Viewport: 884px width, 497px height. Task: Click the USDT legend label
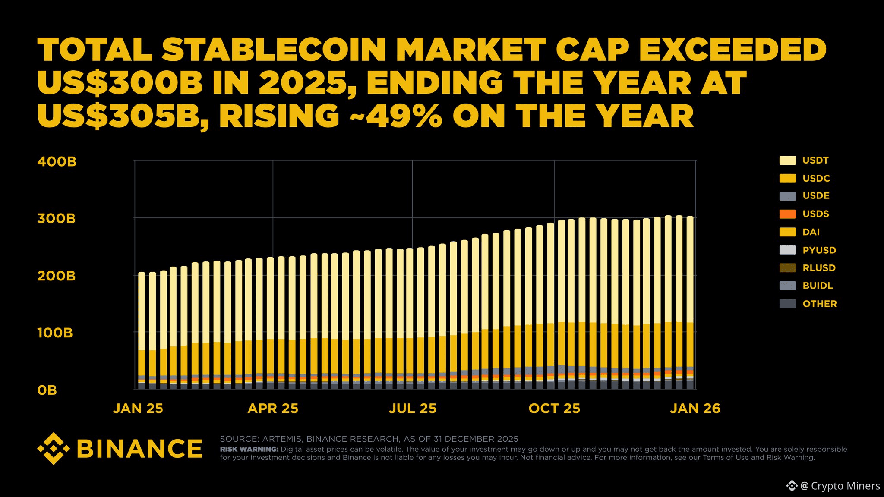pyautogui.click(x=815, y=160)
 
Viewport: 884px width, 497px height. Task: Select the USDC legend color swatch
pyautogui.click(x=787, y=178)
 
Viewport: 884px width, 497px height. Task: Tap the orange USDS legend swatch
pyautogui.click(x=787, y=214)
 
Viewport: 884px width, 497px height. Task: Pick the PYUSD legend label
pyautogui.click(x=819, y=250)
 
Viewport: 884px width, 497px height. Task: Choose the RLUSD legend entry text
pyautogui.click(x=819, y=268)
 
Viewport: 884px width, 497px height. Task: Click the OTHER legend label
pyautogui.click(x=819, y=304)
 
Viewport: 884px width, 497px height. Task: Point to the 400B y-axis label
pyautogui.click(x=57, y=162)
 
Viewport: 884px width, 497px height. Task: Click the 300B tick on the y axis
pyautogui.click(x=57, y=219)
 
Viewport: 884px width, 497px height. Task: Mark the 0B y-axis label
pyautogui.click(x=47, y=390)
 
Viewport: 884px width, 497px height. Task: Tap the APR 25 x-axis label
pyautogui.click(x=273, y=408)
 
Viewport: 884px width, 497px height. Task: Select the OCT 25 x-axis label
pyautogui.click(x=554, y=408)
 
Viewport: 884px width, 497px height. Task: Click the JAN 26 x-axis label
pyautogui.click(x=695, y=408)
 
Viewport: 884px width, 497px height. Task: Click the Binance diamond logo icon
pyautogui.click(x=54, y=449)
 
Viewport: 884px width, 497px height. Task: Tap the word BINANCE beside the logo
pyautogui.click(x=139, y=449)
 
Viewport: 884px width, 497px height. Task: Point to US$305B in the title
pyautogui.click(x=123, y=116)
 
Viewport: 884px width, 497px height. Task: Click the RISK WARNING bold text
pyautogui.click(x=249, y=449)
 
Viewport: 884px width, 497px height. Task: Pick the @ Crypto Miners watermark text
pyautogui.click(x=840, y=486)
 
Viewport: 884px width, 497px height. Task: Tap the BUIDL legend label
pyautogui.click(x=818, y=286)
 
